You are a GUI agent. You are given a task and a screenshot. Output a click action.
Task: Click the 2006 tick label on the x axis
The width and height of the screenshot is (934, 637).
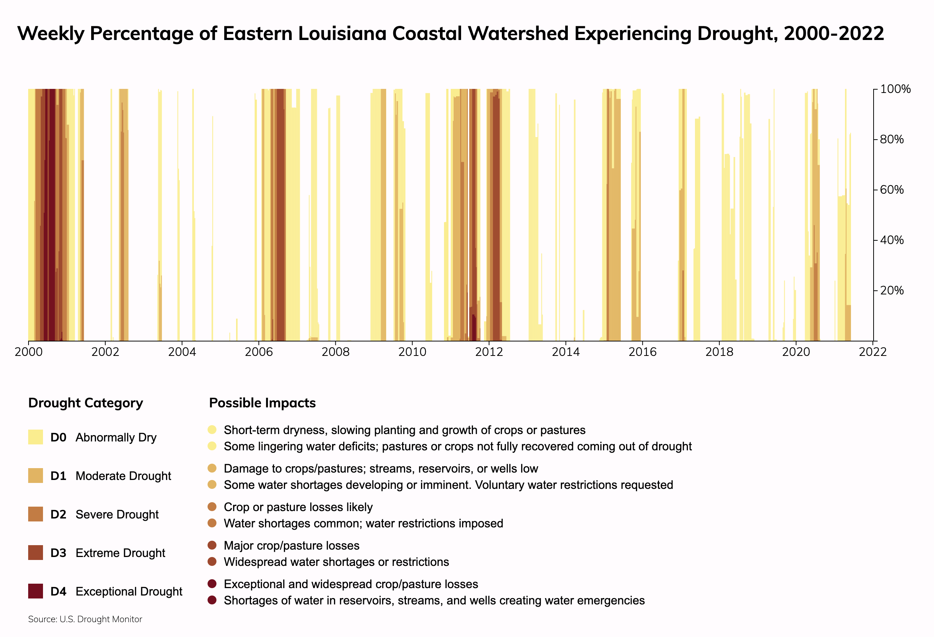[x=258, y=352]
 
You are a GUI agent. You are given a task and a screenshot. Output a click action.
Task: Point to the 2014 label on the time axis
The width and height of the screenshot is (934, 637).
[x=566, y=352]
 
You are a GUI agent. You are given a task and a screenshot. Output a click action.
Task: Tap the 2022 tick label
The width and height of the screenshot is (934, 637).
[x=872, y=352]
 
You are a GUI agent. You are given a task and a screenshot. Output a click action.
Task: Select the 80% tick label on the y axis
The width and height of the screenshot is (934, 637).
[x=892, y=139]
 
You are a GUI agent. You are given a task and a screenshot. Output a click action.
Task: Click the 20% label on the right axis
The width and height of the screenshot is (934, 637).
[x=892, y=290]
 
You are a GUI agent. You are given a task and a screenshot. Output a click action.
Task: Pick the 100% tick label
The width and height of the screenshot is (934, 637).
[x=895, y=89]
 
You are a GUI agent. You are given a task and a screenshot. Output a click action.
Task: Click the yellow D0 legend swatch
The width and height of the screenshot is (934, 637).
[x=35, y=437]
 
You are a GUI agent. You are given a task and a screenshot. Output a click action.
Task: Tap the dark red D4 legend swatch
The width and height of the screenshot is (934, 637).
[x=35, y=591]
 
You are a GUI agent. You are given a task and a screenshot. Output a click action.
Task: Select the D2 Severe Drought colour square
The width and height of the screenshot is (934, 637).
[x=35, y=514]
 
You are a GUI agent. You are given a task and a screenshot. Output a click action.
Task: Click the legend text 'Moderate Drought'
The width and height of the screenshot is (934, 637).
[x=123, y=476]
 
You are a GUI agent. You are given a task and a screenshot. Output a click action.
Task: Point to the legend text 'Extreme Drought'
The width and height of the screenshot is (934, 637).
[x=120, y=553]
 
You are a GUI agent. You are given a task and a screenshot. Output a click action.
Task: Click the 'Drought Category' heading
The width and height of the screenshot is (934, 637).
[x=86, y=403]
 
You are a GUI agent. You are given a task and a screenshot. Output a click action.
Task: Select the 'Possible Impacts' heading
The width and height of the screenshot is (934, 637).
[x=262, y=403]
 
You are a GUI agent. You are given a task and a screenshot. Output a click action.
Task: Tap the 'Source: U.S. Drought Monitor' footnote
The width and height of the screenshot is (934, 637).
[x=85, y=619]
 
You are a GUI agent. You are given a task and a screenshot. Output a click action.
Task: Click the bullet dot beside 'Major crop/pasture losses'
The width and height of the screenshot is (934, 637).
[x=212, y=545]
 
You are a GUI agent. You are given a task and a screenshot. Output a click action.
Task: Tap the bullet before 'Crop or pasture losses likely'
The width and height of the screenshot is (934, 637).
[x=212, y=507]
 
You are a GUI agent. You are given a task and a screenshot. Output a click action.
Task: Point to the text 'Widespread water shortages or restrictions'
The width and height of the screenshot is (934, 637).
[x=336, y=562]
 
